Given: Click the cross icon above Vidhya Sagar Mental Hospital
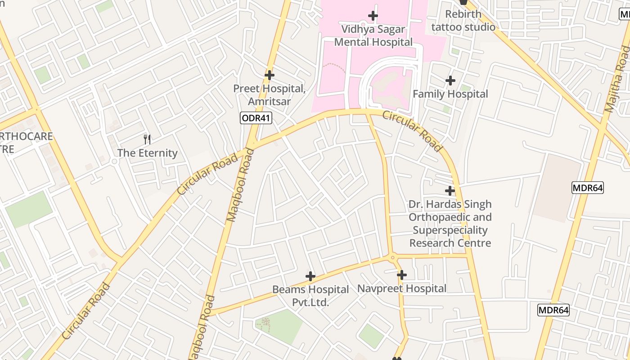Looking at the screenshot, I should [373, 16].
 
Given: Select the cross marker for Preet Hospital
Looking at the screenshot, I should [269, 75].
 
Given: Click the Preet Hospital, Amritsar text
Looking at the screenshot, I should [269, 95].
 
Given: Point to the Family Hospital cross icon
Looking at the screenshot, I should [450, 81].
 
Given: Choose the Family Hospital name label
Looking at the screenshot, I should [450, 94].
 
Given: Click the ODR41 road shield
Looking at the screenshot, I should [256, 118].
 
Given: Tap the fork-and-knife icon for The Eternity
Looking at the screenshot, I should [147, 139].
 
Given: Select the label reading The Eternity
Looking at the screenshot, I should [148, 153].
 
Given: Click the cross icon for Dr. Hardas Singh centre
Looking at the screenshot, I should [450, 191].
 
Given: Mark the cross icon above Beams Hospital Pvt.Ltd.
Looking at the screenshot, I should [310, 276].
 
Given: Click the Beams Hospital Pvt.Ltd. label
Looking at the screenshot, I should [310, 296].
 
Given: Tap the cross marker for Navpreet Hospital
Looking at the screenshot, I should [401, 274].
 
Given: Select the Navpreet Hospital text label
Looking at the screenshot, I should [401, 288].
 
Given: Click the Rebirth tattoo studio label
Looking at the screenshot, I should [463, 21].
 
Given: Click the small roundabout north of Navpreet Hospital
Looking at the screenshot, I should [393, 258].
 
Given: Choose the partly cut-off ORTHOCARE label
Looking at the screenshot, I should [25, 143].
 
